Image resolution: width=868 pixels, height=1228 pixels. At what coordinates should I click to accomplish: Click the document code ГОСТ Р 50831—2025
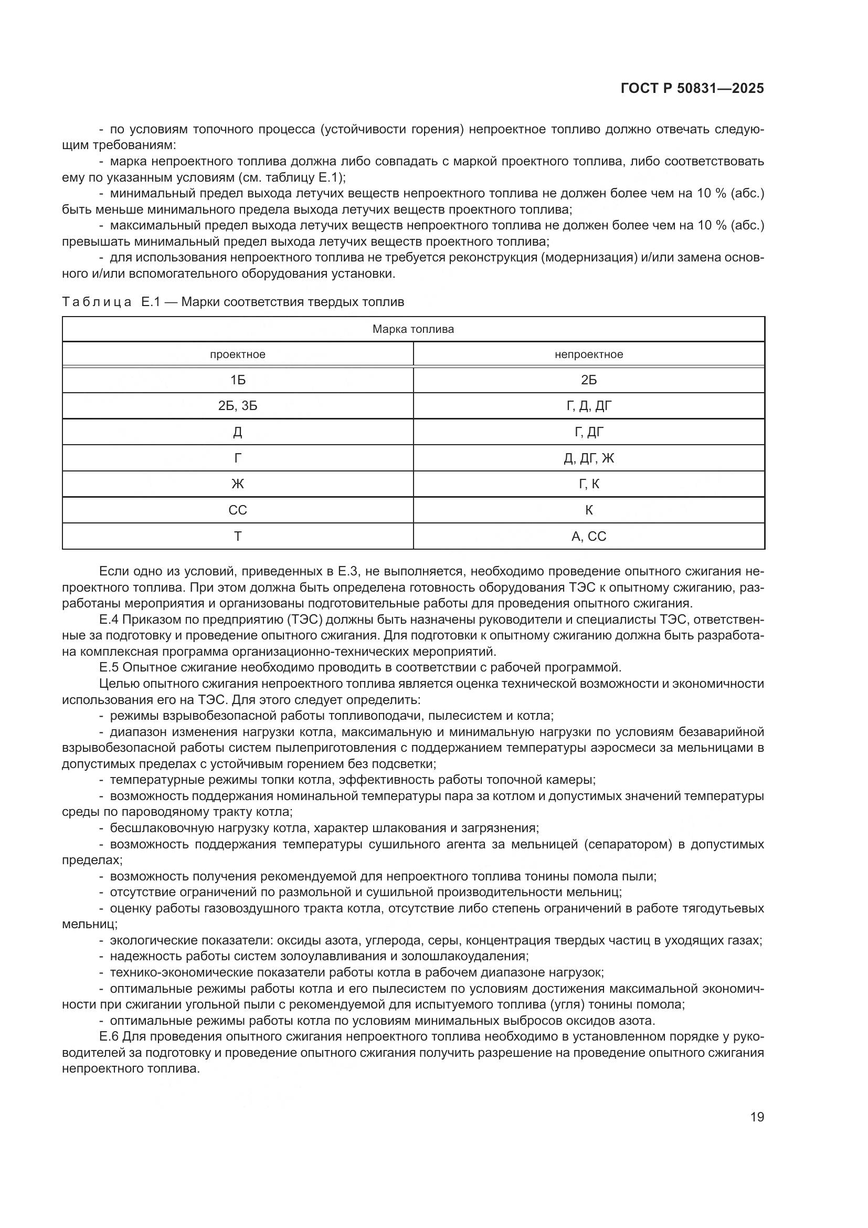tap(692, 89)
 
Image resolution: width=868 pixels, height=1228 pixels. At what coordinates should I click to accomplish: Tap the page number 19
tap(757, 1117)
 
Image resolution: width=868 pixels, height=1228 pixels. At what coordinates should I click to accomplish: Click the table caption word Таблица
tap(97, 302)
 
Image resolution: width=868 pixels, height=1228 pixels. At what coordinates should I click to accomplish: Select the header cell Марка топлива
tap(413, 329)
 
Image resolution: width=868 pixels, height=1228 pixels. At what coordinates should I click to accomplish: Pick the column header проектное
tap(237, 354)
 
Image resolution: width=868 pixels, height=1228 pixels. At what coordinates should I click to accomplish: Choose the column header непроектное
tap(588, 354)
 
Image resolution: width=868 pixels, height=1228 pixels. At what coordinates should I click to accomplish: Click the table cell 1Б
tap(237, 380)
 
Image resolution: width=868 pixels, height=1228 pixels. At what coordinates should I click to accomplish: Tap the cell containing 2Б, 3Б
tap(237, 406)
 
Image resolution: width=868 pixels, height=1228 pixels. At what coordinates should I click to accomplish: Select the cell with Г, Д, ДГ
tap(588, 406)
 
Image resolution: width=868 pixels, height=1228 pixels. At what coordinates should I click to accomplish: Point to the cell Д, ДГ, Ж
tap(588, 458)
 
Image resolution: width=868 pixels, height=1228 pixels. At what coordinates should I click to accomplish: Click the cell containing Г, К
tap(588, 484)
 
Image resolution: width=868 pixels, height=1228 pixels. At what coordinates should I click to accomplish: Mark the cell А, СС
tap(588, 537)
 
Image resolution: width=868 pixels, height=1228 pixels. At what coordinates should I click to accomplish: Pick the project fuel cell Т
tap(237, 537)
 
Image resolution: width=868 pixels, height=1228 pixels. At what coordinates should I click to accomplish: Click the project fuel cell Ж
tap(237, 484)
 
